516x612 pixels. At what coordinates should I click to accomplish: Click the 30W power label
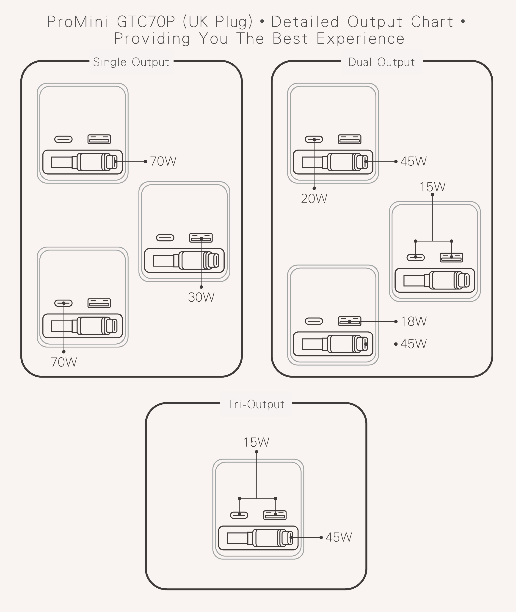pos(201,297)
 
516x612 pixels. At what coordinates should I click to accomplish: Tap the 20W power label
pos(314,199)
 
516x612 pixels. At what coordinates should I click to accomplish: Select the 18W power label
pos(413,321)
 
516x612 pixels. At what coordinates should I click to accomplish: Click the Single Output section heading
pos(131,62)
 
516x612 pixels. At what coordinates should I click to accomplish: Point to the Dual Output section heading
pos(381,62)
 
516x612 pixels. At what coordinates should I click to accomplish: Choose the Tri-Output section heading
pos(256,404)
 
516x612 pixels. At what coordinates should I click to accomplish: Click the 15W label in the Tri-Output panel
pos(256,442)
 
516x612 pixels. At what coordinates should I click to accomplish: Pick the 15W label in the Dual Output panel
pos(432,187)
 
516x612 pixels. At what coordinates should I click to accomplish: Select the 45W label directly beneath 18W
pos(413,344)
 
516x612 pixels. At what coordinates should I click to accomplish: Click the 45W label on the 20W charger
pos(413,161)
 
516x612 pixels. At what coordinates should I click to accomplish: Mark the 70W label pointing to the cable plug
pos(163,161)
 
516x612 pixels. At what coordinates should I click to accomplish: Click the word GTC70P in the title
pos(146,22)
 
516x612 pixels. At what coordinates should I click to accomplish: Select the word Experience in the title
pos(360,39)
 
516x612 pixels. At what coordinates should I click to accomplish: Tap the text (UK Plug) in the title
pos(218,22)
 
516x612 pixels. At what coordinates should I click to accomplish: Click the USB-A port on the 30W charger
pos(201,238)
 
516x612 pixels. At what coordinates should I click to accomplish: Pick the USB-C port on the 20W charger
pos(314,139)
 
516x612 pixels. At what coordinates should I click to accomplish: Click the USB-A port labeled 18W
pos(350,321)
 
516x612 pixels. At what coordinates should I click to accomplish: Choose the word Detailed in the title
pos(305,22)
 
